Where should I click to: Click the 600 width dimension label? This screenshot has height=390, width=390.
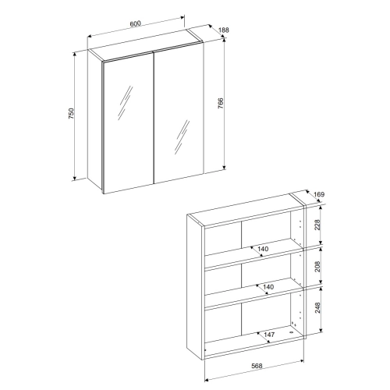point(135,23)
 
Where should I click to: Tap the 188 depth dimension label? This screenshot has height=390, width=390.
point(224,30)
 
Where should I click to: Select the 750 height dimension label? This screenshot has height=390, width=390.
point(71,114)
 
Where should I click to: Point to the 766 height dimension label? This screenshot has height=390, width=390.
point(220,104)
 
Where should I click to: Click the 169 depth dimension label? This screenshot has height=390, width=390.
point(319,194)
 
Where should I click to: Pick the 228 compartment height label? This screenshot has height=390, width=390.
point(317,225)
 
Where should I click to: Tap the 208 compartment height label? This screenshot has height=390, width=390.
point(317,266)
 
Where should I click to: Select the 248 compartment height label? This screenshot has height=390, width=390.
point(317,307)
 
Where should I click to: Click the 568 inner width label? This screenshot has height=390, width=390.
point(257,366)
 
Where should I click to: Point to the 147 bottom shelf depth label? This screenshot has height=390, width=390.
point(269,335)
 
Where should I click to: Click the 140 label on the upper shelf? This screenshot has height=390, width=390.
point(263,249)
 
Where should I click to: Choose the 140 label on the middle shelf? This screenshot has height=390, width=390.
point(268,287)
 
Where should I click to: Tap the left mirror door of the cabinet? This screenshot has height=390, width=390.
point(129,122)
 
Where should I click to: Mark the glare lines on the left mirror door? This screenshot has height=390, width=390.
point(126,103)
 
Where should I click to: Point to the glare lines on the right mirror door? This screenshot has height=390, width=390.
point(182,136)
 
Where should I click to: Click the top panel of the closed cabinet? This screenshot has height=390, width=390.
point(145,46)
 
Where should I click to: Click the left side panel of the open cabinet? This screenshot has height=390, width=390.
point(196,286)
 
